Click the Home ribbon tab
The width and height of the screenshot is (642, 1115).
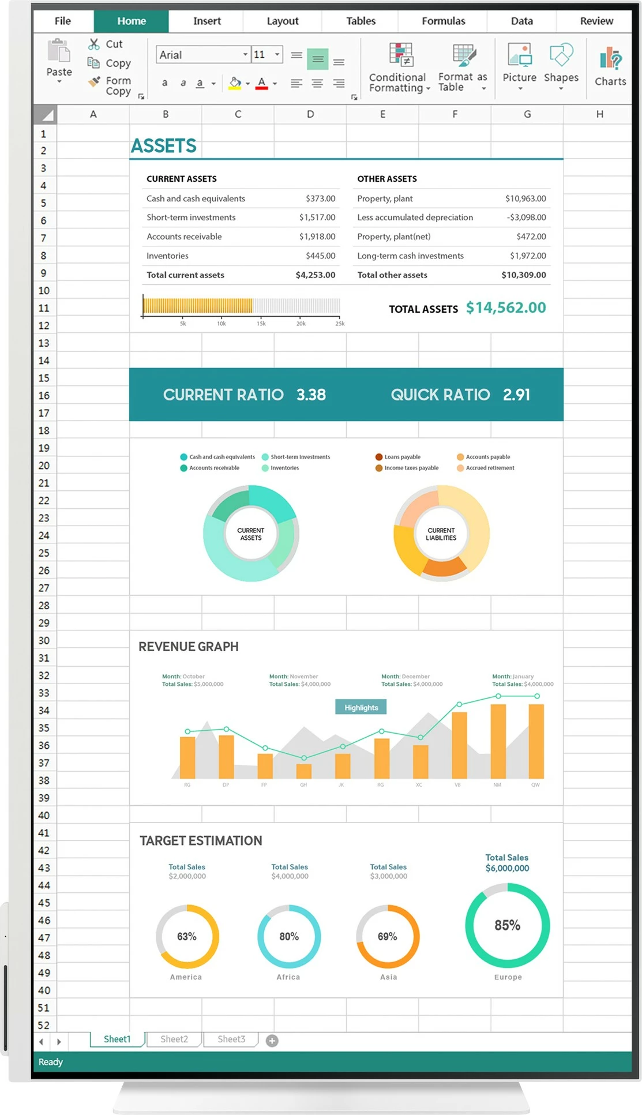point(132,21)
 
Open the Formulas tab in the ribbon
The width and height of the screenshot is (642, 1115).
point(443,21)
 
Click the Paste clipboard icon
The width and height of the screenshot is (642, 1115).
point(59,51)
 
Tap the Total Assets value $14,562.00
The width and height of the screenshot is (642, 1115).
point(506,308)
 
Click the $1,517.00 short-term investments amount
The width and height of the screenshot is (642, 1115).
point(317,217)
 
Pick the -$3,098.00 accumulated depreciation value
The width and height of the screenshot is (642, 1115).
point(526,217)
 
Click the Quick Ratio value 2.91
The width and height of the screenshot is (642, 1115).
point(516,395)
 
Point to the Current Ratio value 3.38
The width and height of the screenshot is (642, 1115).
point(311,395)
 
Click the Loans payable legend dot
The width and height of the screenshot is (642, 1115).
point(379,457)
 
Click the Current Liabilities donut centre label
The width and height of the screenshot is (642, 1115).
point(441,534)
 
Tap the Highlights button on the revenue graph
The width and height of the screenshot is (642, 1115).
point(361,708)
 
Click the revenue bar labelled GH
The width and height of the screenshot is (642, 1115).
point(304,771)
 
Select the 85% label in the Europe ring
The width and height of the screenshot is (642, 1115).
point(508,925)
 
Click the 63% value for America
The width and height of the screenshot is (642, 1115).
point(187,937)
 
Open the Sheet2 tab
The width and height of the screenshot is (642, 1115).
point(174,1039)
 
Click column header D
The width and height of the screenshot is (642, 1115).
point(310,114)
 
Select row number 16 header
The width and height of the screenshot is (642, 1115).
point(44,396)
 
